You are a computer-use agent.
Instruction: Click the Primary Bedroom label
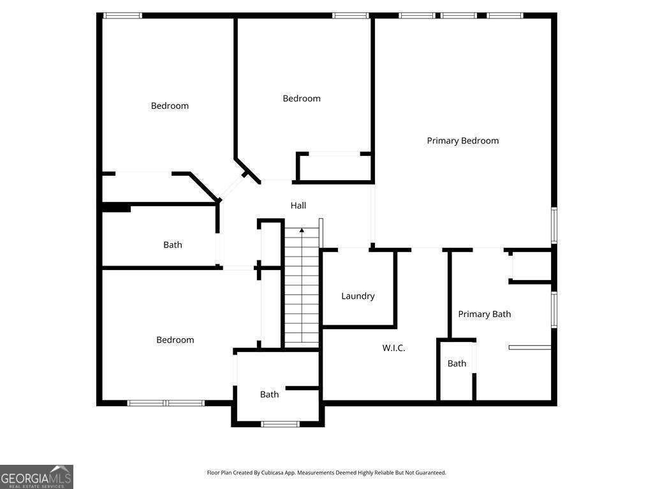point(463,141)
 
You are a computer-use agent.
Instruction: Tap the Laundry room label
point(358,296)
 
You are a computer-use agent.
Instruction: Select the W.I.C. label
point(393,348)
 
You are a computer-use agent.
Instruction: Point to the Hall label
point(298,206)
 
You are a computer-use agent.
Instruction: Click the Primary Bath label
point(485,315)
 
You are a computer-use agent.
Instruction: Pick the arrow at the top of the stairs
point(302,230)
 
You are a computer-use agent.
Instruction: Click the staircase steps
point(302,287)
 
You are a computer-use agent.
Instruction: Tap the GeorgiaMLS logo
point(36,477)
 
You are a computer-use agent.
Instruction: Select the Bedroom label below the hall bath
point(175,340)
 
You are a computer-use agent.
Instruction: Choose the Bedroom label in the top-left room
point(170,106)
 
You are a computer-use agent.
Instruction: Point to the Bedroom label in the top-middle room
point(302,99)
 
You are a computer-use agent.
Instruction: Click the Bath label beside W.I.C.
point(457,364)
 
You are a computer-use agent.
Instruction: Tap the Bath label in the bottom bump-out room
point(270,395)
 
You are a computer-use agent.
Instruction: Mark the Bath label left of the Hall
point(172,245)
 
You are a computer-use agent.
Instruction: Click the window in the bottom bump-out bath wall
point(281,424)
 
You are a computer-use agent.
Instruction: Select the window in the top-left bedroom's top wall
point(122,16)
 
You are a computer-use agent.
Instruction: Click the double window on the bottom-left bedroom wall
point(166,403)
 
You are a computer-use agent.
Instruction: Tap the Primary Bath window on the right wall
point(554,309)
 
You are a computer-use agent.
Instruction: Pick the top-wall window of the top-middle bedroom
point(350,16)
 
